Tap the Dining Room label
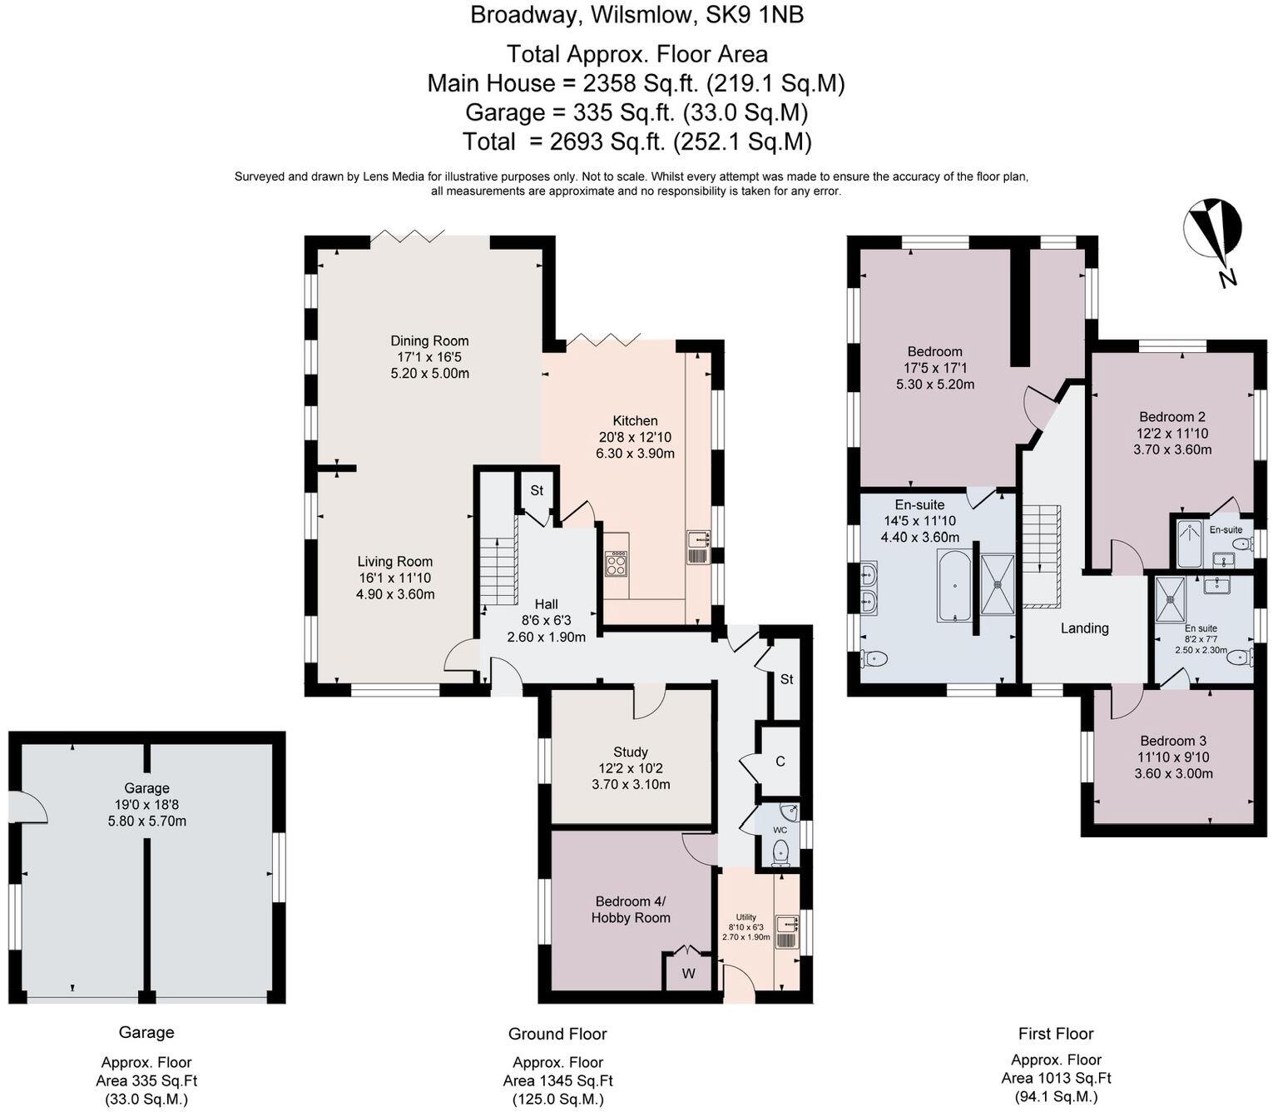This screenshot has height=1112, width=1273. [429, 340]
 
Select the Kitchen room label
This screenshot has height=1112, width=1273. [635, 421]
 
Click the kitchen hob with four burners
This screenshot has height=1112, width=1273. [617, 564]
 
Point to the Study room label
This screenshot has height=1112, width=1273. [631, 752]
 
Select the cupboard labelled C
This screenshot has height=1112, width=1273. [780, 762]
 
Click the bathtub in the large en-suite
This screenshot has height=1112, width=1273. [954, 585]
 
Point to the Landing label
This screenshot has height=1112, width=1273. [1084, 628]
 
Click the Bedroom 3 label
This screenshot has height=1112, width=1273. [1173, 741]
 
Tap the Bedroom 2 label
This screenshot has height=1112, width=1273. [1172, 417]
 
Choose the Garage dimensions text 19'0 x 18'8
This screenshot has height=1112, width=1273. [146, 805]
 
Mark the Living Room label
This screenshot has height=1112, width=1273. [395, 562]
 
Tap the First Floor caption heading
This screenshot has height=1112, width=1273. [1055, 1034]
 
